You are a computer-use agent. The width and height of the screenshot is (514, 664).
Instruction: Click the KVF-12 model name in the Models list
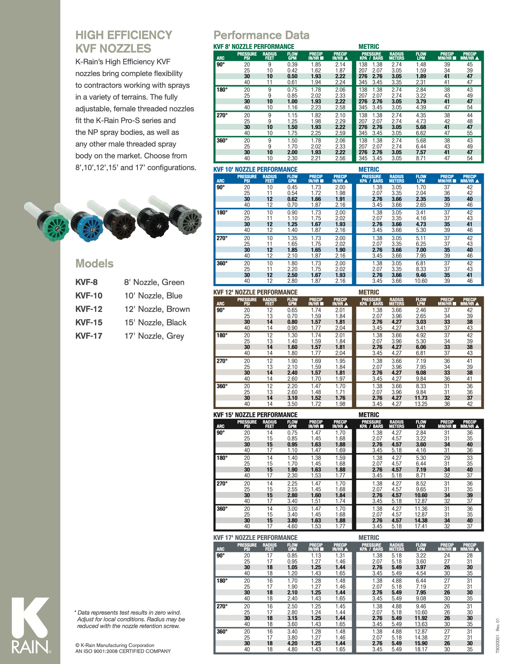(89, 309)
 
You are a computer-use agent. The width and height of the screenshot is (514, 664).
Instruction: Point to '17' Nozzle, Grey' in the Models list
(154, 336)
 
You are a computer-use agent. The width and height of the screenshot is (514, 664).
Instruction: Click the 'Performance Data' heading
(261, 35)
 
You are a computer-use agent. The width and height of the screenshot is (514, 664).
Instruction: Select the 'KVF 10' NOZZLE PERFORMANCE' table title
(255, 169)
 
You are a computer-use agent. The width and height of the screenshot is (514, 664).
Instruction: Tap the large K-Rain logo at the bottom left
(31, 625)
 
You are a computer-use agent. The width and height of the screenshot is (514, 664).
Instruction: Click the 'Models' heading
(94, 264)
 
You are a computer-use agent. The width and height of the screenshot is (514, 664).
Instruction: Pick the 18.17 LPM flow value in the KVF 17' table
(421, 649)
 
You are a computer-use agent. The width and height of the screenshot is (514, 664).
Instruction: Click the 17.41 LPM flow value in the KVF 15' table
(421, 526)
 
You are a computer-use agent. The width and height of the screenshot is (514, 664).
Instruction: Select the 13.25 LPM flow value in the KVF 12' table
(421, 404)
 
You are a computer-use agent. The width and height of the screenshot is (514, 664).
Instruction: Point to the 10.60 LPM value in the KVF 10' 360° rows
(421, 281)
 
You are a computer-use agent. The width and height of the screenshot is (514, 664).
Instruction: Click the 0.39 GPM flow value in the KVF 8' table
(292, 65)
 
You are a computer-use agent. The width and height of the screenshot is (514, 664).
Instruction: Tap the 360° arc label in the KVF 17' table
(222, 632)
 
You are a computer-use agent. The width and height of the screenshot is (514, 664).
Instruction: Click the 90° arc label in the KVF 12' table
(221, 310)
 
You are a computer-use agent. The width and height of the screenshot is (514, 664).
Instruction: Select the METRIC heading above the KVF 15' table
(369, 415)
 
